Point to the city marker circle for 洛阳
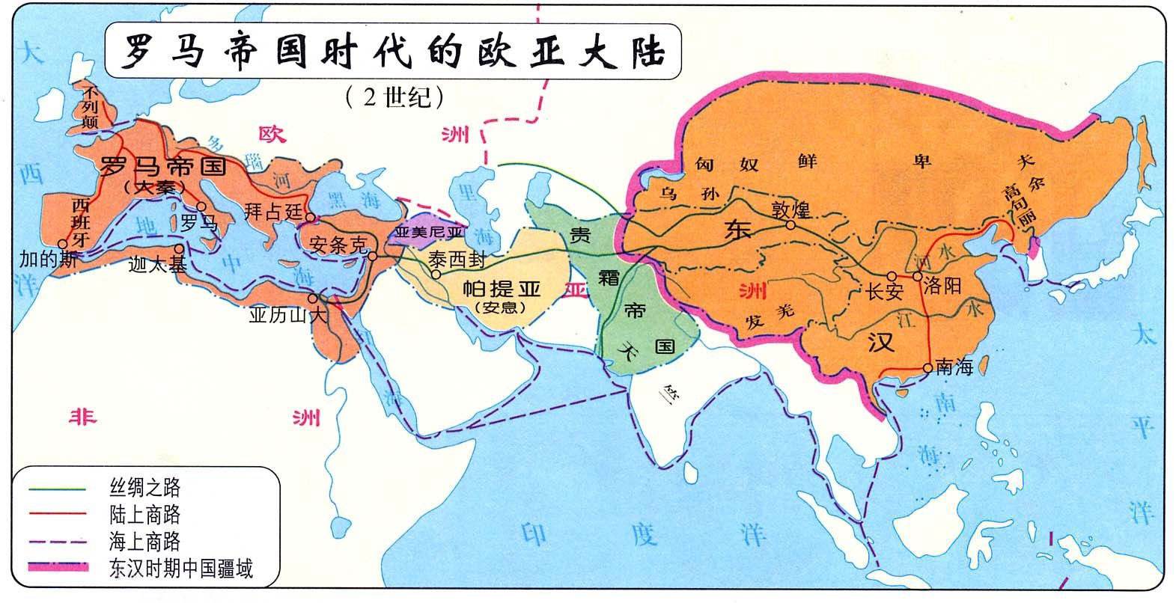(917, 276)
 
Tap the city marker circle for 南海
(929, 367)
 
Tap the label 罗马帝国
(163, 165)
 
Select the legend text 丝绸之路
(144, 489)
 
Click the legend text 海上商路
(144, 541)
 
